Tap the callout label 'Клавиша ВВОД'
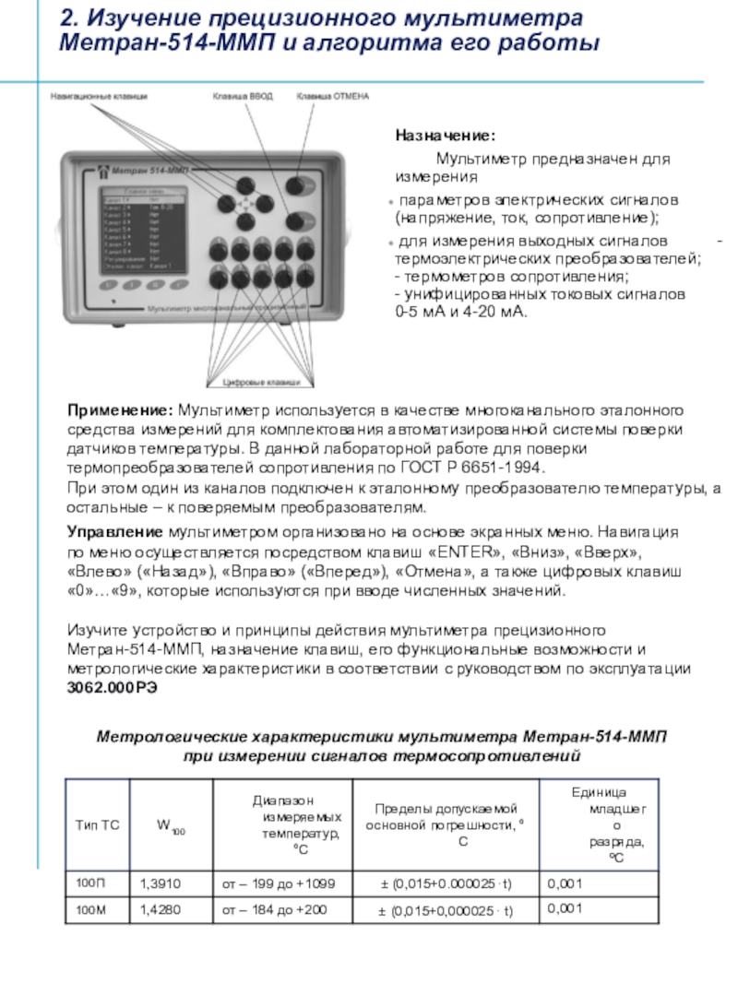tap(243, 95)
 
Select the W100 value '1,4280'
tap(160, 911)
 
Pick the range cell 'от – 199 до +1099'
tap(279, 884)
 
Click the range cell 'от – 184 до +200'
tap(274, 911)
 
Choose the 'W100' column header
tap(172, 824)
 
